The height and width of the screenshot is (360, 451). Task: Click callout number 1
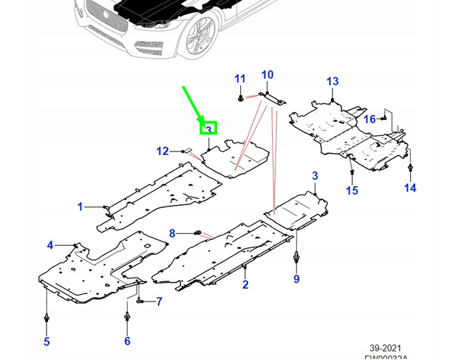pos(80,207)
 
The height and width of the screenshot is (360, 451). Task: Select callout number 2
pos(245,285)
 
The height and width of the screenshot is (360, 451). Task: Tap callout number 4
pos(50,245)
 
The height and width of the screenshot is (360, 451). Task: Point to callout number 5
pos(47,342)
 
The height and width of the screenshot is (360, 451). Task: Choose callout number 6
pos(128,342)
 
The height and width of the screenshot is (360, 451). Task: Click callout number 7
pos(159,302)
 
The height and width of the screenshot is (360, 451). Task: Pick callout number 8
pos(171,233)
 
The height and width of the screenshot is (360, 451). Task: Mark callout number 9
pos(297,280)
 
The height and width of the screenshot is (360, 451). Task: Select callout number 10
pos(267,75)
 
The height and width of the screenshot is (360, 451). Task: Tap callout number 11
pos(240,78)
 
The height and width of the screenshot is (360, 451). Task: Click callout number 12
pos(163,151)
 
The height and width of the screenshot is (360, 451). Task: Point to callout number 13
pos(333,82)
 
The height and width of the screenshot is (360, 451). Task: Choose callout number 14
pos(410,187)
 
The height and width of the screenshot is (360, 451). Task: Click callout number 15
pos(352,190)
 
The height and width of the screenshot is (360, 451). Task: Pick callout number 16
pos(370,120)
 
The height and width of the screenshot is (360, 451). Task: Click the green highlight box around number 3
pos(209,129)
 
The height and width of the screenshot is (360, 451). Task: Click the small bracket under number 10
pos(271,97)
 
